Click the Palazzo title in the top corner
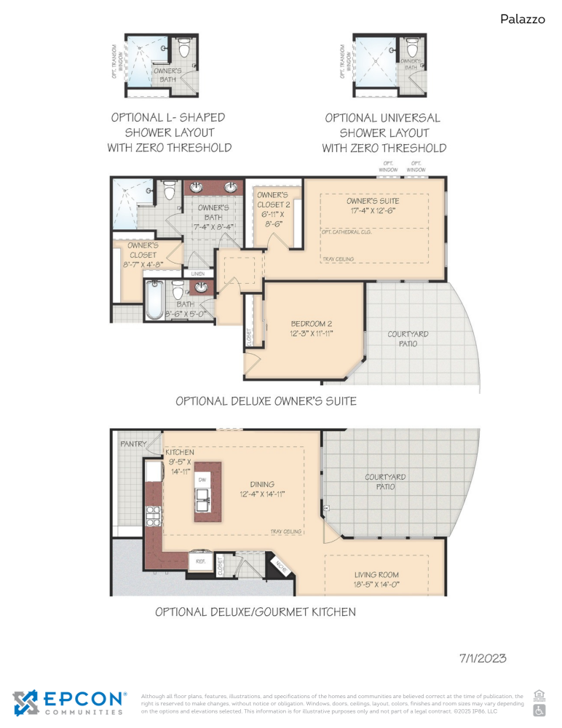click(x=522, y=19)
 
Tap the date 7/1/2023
click(x=482, y=658)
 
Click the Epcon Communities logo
click(x=70, y=703)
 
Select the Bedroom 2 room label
click(x=312, y=328)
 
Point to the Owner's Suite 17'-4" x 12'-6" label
click(x=373, y=206)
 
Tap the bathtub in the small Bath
click(x=154, y=301)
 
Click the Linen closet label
click(x=198, y=273)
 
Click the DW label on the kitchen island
click(x=202, y=481)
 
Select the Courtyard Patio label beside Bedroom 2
click(x=408, y=339)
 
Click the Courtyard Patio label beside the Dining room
click(x=385, y=482)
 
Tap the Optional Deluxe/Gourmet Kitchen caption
click(x=256, y=612)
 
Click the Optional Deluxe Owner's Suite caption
click(x=266, y=401)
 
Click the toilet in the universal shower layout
click(x=413, y=49)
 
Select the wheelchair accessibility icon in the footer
click(x=539, y=709)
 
